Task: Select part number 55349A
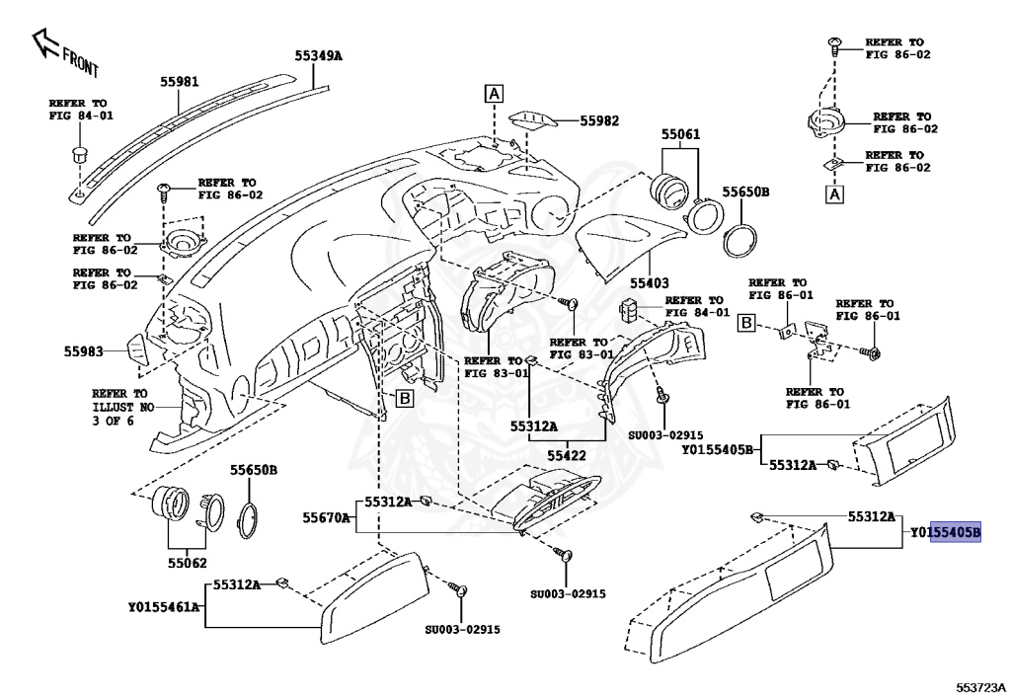pyautogui.click(x=317, y=55)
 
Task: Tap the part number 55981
pyautogui.click(x=182, y=83)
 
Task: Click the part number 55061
pyautogui.click(x=680, y=132)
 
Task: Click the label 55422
pyautogui.click(x=568, y=456)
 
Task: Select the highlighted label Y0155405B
pyautogui.click(x=946, y=533)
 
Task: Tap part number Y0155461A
pyautogui.click(x=164, y=607)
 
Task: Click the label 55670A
pyautogui.click(x=326, y=516)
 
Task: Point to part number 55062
pyautogui.click(x=187, y=566)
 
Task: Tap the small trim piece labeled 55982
pyautogui.click(x=533, y=121)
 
